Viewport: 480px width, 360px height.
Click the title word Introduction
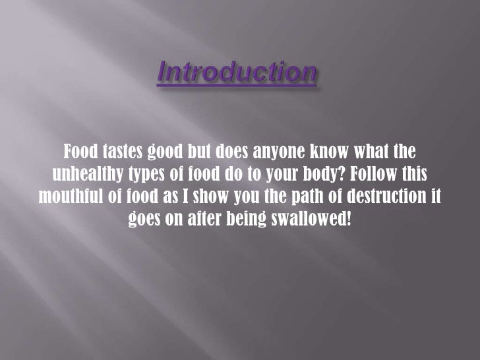point(237,73)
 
